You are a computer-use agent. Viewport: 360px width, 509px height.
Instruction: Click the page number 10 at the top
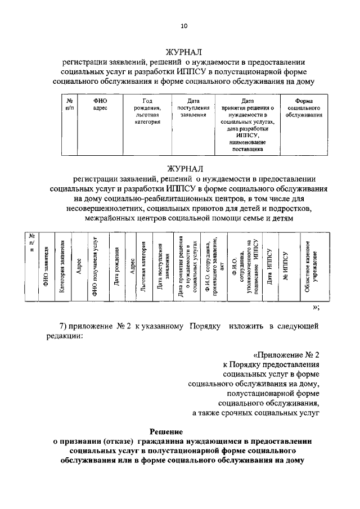(184, 25)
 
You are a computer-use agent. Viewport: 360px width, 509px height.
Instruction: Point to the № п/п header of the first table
(69, 104)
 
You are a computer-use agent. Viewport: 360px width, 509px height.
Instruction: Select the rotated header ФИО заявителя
(46, 267)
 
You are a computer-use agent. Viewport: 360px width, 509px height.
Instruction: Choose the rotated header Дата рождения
(116, 267)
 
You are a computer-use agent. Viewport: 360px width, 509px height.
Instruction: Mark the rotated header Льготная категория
(144, 267)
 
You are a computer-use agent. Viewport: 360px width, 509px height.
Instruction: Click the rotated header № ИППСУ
(286, 267)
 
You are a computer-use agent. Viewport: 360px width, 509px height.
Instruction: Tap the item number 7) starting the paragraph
(65, 326)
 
